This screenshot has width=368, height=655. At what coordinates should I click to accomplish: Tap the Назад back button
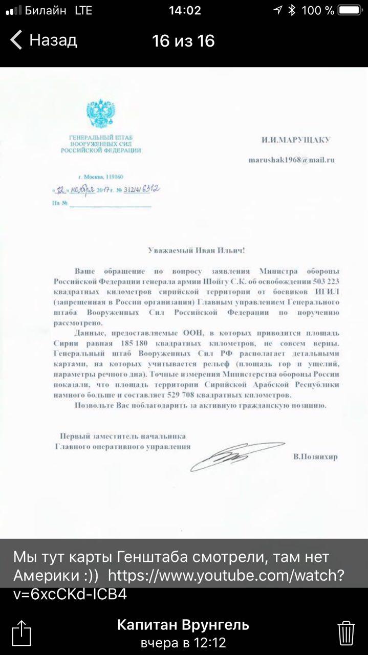point(44,40)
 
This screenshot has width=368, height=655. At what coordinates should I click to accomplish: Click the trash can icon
point(346,633)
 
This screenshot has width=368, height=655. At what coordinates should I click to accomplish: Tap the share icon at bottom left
point(21,632)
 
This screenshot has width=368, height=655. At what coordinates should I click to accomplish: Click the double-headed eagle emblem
point(100,114)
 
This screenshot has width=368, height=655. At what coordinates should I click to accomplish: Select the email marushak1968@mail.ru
point(291,160)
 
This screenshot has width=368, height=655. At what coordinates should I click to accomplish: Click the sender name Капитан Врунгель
point(183,625)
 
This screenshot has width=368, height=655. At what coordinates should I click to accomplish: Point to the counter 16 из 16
point(183,41)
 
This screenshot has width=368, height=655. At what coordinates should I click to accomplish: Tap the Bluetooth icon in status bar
point(292,10)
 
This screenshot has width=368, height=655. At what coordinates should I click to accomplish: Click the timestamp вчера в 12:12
point(183,643)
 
